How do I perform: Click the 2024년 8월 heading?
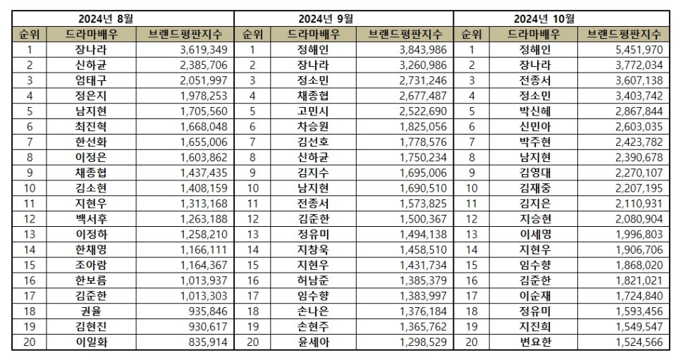123,18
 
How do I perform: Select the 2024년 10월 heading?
564,18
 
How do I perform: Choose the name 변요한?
534,344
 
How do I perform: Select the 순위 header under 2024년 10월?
471,34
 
